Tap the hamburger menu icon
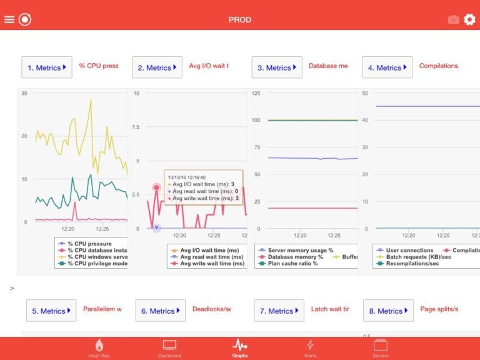pyautogui.click(x=9, y=19)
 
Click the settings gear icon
pyautogui.click(x=469, y=19)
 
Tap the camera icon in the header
pyautogui.click(x=453, y=20)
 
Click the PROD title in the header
pyautogui.click(x=240, y=19)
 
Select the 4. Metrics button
pyautogui.click(x=387, y=67)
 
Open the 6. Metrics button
pyautogui.click(x=161, y=311)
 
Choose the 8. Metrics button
pyautogui.click(x=389, y=311)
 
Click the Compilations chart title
pyautogui.click(x=438, y=66)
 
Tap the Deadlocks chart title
pyautogui.click(x=211, y=309)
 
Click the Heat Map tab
pyautogui.click(x=99, y=348)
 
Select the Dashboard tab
pyautogui.click(x=169, y=348)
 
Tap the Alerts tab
pyautogui.click(x=309, y=348)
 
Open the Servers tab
pyautogui.click(x=380, y=348)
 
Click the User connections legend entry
pyautogui.click(x=409, y=250)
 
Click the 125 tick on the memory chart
pyautogui.click(x=256, y=93)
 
